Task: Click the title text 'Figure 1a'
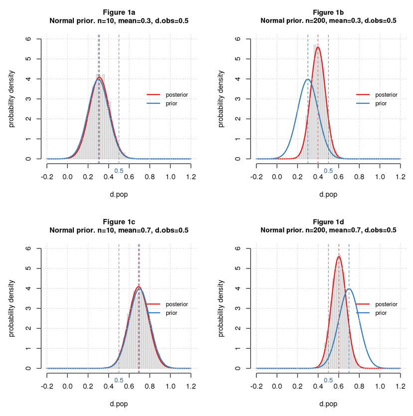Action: (x=119, y=11)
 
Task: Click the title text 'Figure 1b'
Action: (x=328, y=11)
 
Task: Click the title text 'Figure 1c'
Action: (x=119, y=221)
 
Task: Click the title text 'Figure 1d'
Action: (x=328, y=221)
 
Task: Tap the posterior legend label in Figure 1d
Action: (x=386, y=304)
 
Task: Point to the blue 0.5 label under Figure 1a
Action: (x=119, y=171)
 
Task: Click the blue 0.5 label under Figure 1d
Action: (x=328, y=380)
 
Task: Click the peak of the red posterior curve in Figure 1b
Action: (x=318, y=47)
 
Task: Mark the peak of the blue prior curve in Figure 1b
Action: (x=308, y=79)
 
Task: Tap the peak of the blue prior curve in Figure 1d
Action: (x=349, y=289)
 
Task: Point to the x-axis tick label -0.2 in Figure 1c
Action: (x=47, y=387)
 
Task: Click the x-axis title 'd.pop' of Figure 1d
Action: (x=328, y=404)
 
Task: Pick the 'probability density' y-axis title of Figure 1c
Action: (x=12, y=308)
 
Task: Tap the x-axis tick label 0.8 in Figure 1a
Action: (x=150, y=177)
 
